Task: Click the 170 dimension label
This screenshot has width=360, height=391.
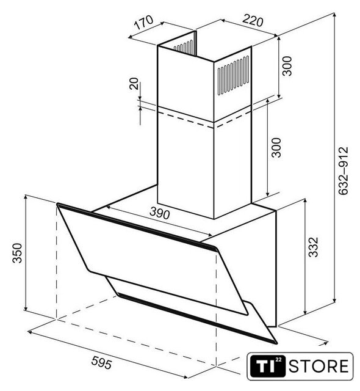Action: point(144,22)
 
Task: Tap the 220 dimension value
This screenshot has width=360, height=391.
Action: point(253,20)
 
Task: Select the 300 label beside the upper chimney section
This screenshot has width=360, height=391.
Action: point(287,66)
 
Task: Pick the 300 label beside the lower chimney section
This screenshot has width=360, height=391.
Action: point(276,147)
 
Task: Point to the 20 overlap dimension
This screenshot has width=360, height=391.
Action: point(134,84)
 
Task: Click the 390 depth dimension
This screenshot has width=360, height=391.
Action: point(160,213)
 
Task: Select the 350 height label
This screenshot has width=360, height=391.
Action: point(18,253)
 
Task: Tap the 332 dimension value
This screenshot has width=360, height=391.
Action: point(314,247)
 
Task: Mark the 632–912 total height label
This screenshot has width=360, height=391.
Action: point(344,171)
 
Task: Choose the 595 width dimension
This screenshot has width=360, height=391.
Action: point(101,362)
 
